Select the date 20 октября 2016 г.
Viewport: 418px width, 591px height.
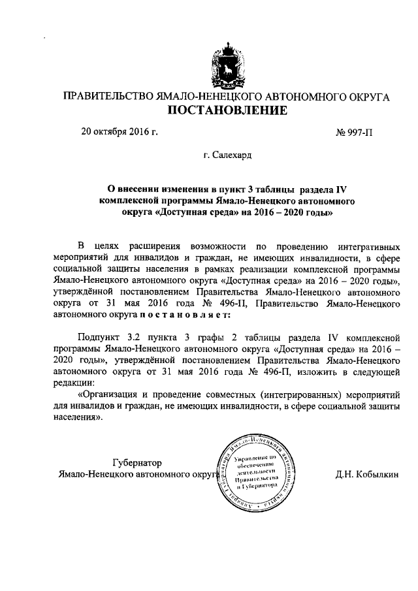click(120, 131)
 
